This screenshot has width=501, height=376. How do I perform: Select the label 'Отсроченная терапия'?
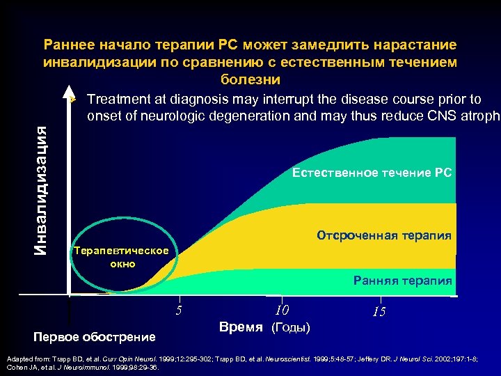384,235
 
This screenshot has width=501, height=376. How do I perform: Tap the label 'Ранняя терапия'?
402,281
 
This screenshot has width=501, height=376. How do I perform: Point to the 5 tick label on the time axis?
179,311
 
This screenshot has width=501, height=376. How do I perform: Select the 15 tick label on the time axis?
379,312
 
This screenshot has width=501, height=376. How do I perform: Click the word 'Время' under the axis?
241,327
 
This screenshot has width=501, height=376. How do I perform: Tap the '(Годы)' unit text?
290,327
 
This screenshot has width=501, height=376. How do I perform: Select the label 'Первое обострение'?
95,337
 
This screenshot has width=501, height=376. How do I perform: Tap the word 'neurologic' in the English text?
165,116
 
